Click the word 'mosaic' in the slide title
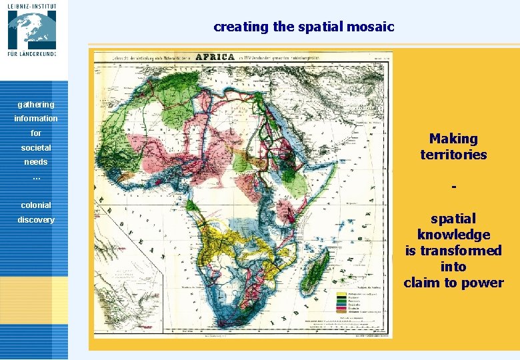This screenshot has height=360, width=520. tap(373, 27)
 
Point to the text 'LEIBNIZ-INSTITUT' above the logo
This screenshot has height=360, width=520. tap(33, 5)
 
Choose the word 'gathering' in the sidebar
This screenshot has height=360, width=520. tap(36, 105)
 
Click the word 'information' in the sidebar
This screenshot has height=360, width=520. tap(36, 119)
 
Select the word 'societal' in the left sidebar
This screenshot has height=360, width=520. tap(36, 147)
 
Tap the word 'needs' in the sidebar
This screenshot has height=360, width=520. tap(36, 162)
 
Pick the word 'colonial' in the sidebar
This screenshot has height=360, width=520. tap(36, 205)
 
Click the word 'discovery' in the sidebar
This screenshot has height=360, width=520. tap(36, 220)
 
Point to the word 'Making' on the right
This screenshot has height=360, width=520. tap(453, 139)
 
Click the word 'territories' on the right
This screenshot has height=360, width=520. tap(453, 155)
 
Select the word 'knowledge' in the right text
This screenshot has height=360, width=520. tap(453, 235)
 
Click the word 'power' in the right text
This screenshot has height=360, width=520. tap(483, 283)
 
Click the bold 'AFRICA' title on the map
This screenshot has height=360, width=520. tap(214, 57)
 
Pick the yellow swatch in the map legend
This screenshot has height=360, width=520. tap(342, 295)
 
